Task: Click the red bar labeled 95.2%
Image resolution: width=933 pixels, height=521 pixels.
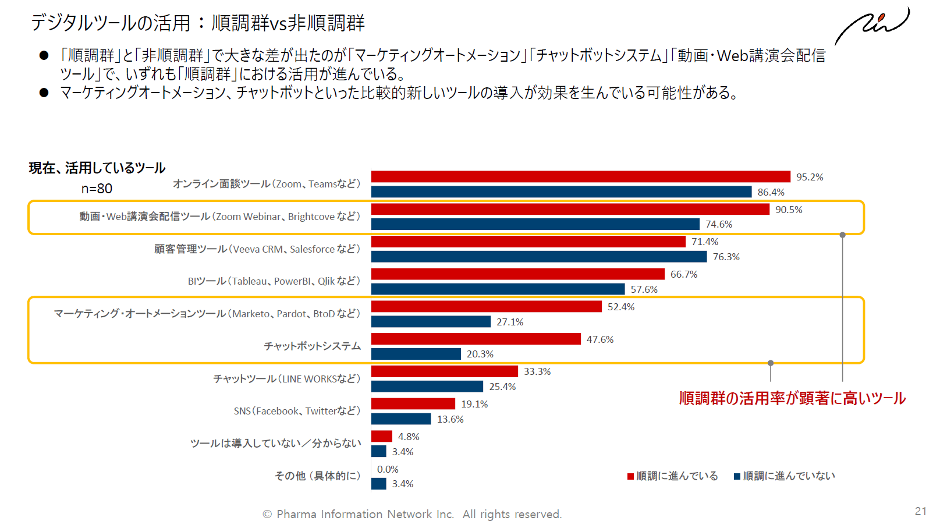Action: point(580,176)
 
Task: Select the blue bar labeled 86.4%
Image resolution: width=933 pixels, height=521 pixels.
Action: point(561,192)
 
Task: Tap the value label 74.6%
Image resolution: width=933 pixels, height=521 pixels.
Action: point(719,224)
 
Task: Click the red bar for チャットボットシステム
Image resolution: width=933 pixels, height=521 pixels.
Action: point(476,339)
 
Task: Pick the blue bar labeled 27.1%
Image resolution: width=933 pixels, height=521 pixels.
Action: point(431,321)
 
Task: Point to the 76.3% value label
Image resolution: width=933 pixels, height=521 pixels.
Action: point(726,257)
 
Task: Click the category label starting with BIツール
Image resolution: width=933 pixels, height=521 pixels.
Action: point(274,281)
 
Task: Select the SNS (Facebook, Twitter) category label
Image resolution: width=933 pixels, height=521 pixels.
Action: point(297,411)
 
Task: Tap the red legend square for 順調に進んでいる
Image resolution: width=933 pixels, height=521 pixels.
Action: point(630,476)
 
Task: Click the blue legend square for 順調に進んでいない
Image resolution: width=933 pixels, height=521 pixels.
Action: point(737,476)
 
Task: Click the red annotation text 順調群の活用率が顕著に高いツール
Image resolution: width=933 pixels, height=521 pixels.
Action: point(792,398)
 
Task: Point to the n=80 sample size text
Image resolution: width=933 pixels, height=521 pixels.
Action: point(97,189)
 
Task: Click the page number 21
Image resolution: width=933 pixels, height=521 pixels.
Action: point(920,511)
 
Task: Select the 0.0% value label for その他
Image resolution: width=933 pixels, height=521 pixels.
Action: point(388,469)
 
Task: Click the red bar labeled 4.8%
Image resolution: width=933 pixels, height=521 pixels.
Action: point(381,436)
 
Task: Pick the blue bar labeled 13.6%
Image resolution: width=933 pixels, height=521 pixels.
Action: point(400,419)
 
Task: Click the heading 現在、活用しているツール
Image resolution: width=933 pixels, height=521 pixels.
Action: point(97,168)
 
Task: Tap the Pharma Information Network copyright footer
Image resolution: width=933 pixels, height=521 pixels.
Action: point(412,514)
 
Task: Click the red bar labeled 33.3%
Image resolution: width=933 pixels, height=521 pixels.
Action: point(444,371)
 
